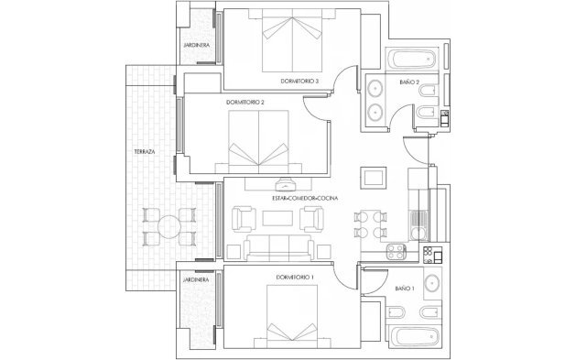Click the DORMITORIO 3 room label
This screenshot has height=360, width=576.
coord(299,82)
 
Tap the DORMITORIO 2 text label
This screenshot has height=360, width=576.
coord(245,103)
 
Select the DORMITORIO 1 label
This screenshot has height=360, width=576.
coord(294,277)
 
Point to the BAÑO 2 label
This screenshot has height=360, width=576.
coord(409,83)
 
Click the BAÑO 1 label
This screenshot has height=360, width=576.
coord(405,289)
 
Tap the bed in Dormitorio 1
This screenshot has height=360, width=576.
coord(296,316)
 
